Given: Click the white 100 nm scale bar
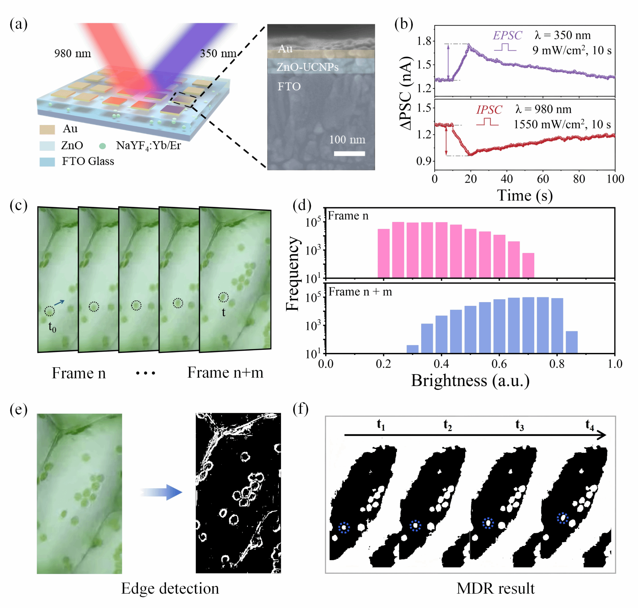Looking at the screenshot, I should (x=349, y=153).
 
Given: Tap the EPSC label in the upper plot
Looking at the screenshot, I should (x=507, y=35).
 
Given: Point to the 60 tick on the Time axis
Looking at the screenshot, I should (x=542, y=179).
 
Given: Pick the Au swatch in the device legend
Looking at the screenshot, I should (x=47, y=129).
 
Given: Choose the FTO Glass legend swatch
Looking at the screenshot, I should (x=47, y=162).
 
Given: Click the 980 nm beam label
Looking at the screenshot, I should (x=73, y=54).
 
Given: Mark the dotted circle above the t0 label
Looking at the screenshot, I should (x=50, y=311).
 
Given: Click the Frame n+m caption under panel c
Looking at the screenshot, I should (x=225, y=373).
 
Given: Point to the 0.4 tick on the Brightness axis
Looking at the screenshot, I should (x=441, y=364).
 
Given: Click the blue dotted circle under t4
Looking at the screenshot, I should (x=563, y=518).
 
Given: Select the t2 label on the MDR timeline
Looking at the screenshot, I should (x=447, y=425).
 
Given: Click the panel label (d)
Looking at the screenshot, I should (x=302, y=205).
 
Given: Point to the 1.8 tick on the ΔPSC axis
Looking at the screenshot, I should (x=424, y=41).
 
